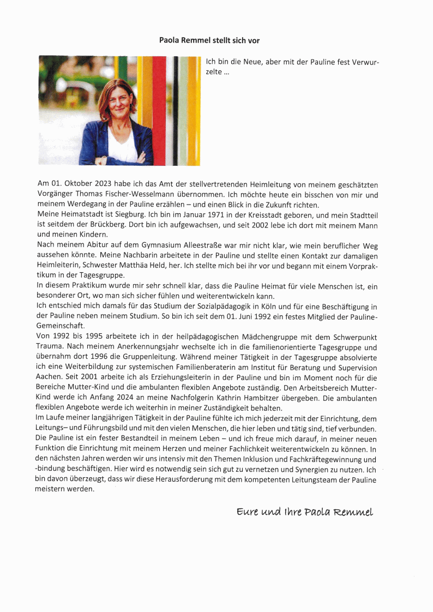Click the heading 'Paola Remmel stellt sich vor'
209,40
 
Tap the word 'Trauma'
51,348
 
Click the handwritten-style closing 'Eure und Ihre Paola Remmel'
305,512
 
